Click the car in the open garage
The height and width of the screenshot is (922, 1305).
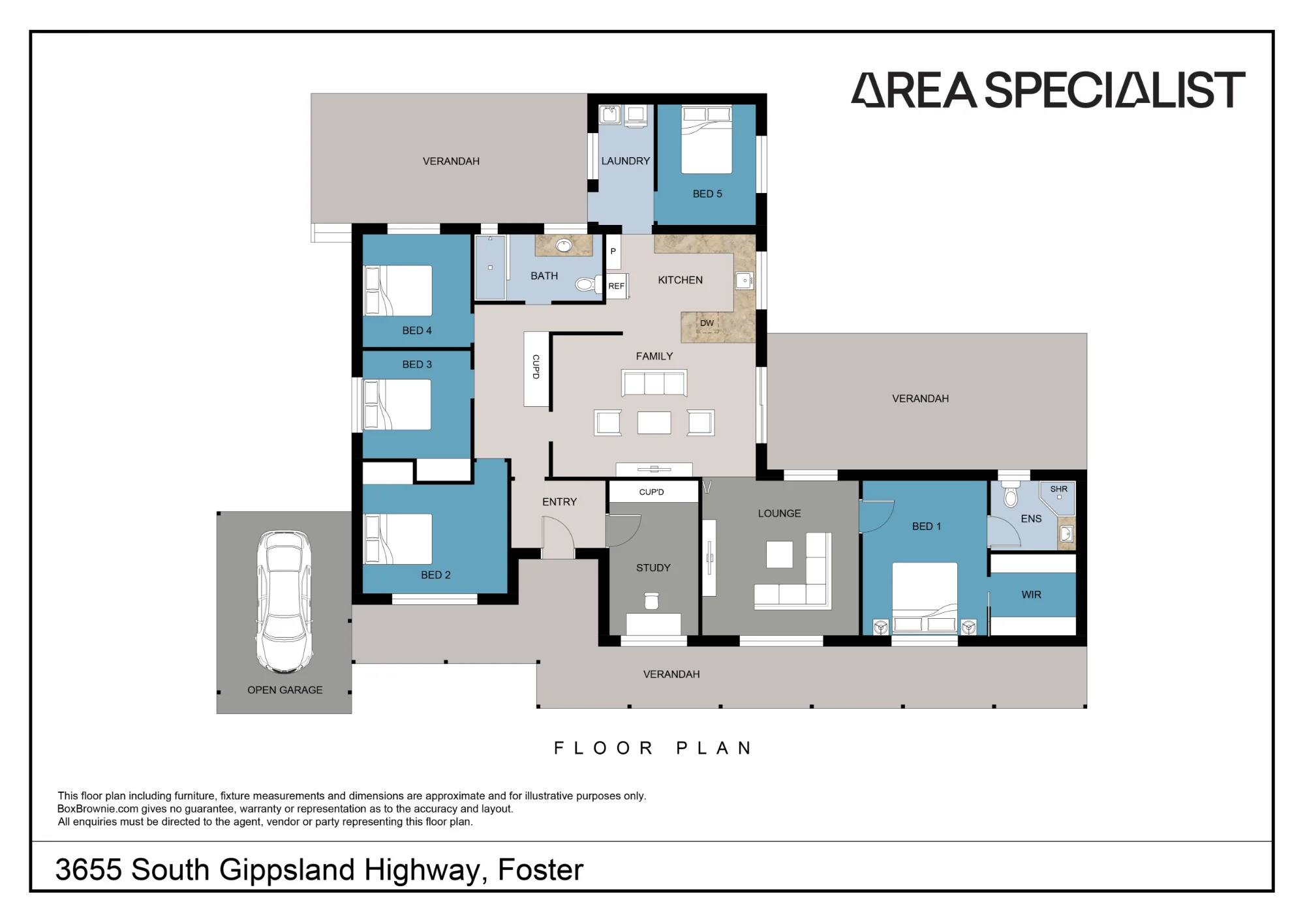pos(284,601)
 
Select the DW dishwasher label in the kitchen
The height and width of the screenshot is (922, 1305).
pos(707,323)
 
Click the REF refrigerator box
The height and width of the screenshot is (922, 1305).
pos(617,286)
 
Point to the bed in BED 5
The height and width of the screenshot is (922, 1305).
pos(707,140)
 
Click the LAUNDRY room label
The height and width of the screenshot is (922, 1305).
pos(625,161)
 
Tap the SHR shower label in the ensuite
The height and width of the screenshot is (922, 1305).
pos(1058,489)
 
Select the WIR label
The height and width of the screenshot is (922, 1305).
pos(1031,595)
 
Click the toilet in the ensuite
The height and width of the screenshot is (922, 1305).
pos(1011,495)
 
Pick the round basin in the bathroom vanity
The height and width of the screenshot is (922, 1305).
pos(564,245)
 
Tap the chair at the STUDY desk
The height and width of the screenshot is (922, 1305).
pos(651,600)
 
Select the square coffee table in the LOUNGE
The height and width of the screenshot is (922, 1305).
pos(779,555)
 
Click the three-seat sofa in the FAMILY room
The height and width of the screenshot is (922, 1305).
pos(654,383)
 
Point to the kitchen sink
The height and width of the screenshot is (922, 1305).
pos(745,280)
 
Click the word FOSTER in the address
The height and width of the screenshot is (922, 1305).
pos(540,870)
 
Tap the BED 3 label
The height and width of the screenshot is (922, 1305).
pos(417,364)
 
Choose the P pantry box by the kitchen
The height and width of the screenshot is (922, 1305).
pos(613,252)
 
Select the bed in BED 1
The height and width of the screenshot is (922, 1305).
pos(925,598)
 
